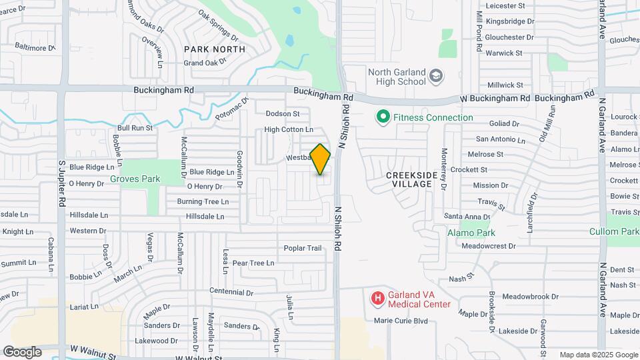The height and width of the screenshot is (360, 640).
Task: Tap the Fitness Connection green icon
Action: coord(383,117)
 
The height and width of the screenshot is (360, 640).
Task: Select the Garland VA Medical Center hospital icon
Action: coord(377,298)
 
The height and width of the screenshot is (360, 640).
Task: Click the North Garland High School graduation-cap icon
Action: coord(436,76)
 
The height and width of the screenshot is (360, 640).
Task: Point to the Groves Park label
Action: coord(135,179)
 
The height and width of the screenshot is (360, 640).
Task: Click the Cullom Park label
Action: coord(614,231)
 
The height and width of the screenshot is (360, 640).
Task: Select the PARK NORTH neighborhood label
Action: coord(215,49)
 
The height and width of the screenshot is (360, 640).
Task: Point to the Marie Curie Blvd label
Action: coord(400,321)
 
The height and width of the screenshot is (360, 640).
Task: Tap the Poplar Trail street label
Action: coord(303,248)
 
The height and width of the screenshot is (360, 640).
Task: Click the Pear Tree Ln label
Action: coord(253,263)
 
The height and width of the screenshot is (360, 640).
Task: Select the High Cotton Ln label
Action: coord(289,129)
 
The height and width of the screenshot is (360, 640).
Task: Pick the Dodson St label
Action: coord(283,114)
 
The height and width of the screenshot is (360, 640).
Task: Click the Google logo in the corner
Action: coord(22,351)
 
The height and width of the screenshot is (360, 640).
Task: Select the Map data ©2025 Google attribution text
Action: coord(598,355)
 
